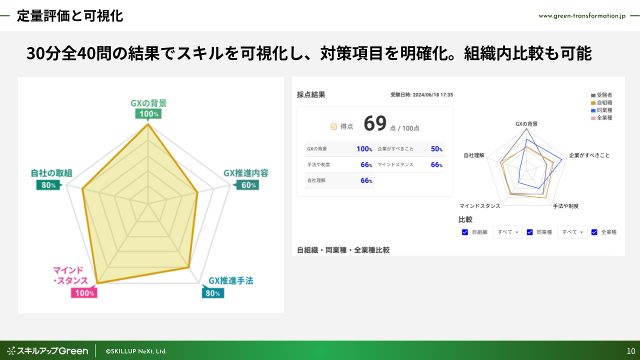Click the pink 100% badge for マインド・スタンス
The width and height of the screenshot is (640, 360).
[84, 293]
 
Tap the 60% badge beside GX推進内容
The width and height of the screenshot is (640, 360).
[248, 185]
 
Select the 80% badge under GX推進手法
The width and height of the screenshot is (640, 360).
[213, 293]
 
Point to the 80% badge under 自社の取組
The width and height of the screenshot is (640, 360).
[48, 185]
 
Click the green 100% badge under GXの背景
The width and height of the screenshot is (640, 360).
[148, 113]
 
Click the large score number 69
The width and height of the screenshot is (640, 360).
[375, 123]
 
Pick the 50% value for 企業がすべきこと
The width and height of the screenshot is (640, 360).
[436, 149]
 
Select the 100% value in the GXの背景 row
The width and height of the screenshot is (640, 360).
[364, 149]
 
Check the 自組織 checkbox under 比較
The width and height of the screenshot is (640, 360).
[465, 232]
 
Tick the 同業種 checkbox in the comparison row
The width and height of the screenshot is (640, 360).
[529, 232]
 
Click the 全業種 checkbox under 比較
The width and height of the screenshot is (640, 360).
[594, 232]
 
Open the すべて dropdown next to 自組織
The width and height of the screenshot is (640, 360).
[507, 232]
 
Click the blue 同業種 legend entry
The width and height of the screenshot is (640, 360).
[601, 110]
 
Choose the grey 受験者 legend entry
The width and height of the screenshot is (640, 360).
[601, 95]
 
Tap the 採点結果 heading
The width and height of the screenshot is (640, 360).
[311, 95]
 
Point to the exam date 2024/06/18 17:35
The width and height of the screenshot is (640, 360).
[433, 95]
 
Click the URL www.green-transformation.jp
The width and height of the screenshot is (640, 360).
[582, 16]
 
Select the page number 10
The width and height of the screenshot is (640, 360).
[631, 351]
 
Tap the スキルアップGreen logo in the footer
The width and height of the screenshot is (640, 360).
[47, 351]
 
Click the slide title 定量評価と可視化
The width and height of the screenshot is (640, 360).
[69, 16]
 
